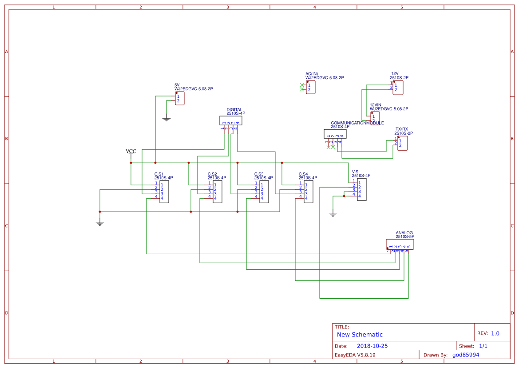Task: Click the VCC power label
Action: point(131,152)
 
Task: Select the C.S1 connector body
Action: point(164,192)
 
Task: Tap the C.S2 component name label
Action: point(212,174)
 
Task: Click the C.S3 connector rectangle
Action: point(264,192)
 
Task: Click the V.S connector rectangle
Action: point(362,189)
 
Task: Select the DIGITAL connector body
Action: point(231,120)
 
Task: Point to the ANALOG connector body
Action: point(400,244)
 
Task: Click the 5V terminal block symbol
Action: point(179,98)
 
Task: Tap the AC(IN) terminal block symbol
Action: point(311,88)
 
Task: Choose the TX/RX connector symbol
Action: point(402,143)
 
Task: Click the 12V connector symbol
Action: point(398,88)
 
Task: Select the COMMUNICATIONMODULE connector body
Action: point(335,134)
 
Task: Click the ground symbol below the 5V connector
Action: point(166,119)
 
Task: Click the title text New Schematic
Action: point(360,335)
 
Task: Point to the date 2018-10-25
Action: point(372,346)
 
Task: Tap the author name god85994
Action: point(466,355)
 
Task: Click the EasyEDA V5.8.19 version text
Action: point(355,355)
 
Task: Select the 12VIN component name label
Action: point(376,105)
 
